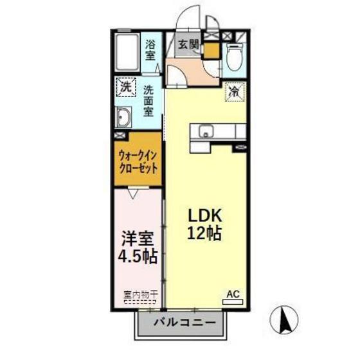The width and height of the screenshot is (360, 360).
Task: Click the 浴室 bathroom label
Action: click(150, 50)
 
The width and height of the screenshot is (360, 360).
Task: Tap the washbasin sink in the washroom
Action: click(123, 118)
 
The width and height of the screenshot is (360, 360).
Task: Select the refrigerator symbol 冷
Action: click(235, 91)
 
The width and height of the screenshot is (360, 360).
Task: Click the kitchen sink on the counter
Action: click(206, 130)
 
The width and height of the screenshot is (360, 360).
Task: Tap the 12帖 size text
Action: click(204, 233)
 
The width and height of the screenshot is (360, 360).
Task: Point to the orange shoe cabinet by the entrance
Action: click(210, 50)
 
